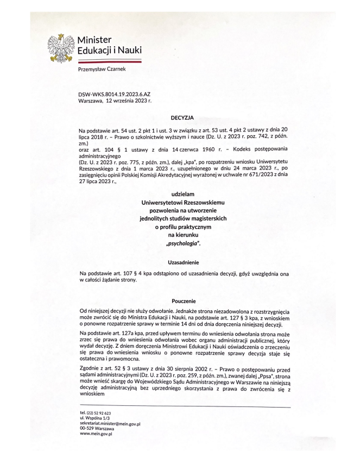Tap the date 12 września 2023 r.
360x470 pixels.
(x=126, y=101)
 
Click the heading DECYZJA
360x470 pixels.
(x=182, y=116)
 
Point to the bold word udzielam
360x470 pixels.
(x=182, y=194)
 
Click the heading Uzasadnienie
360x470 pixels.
(x=182, y=262)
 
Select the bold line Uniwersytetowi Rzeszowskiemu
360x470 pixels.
(x=182, y=202)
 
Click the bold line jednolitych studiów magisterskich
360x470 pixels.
(x=182, y=218)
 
